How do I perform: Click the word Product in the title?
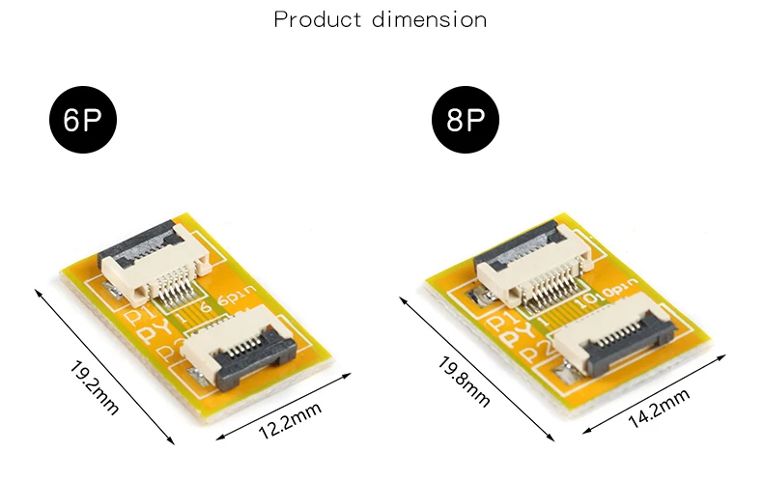pos(318,20)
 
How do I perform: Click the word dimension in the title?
pos(429,20)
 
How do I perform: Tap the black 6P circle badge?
pos(83,120)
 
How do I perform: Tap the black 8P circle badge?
pos(466,120)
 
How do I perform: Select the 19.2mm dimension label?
pos(94,388)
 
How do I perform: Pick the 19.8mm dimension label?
pos(464,382)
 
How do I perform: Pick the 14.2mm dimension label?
pos(659,408)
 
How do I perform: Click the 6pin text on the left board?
pos(237,295)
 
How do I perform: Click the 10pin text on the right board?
pos(607,292)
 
